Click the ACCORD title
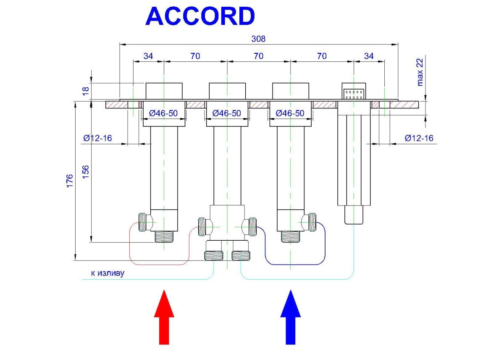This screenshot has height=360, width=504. coord(200,17)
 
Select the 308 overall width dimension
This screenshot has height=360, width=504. coord(259,39)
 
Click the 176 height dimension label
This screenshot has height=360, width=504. coord(70,181)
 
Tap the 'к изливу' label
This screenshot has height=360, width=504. coord(108,273)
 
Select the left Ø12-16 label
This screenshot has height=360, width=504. coord(97,138)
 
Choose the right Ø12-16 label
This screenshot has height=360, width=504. coord(419,138)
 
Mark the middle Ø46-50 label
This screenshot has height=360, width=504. coord(227,113)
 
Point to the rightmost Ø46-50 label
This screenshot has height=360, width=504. coord(290,113)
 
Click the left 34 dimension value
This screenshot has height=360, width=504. coord(148,56)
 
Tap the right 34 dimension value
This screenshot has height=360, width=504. coord(369,56)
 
